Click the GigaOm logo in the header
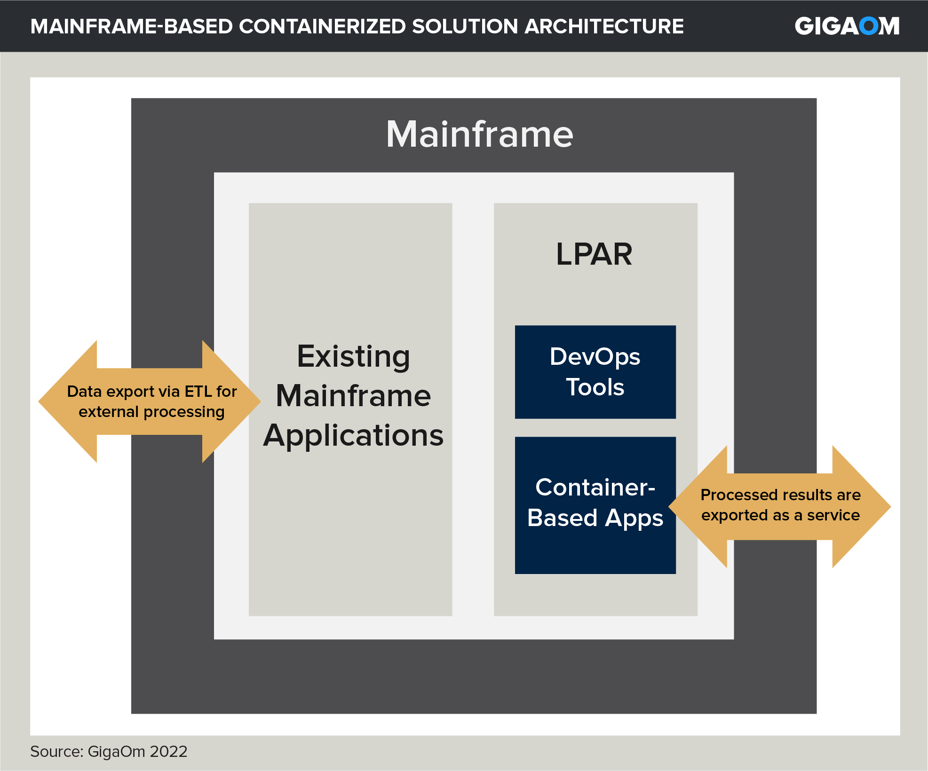847,26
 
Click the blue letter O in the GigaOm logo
868,26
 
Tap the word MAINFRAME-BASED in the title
131,26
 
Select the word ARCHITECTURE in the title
604,26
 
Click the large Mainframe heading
479,134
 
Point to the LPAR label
594,254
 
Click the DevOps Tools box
595,372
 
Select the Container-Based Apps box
595,505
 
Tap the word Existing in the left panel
353,356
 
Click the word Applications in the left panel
353,435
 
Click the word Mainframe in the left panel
353,396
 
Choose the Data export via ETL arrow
151,401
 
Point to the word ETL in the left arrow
198,392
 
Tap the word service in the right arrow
833,515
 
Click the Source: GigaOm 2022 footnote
109,751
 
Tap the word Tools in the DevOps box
595,387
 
